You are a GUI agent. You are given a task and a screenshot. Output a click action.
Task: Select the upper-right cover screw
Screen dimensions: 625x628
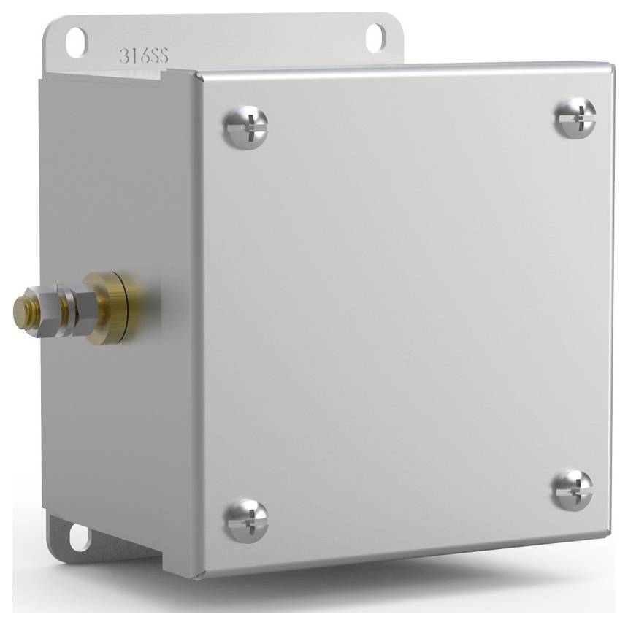pyautogui.click(x=575, y=117)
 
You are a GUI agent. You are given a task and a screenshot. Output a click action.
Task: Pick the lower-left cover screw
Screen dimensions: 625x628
pyautogui.click(x=246, y=520)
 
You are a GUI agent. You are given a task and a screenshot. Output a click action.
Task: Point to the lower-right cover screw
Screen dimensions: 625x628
pyautogui.click(x=572, y=489)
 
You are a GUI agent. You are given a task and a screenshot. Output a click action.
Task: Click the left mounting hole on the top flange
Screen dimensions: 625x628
pyautogui.click(x=76, y=41)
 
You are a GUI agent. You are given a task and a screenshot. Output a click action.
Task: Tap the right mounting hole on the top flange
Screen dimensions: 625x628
pyautogui.click(x=375, y=37)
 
